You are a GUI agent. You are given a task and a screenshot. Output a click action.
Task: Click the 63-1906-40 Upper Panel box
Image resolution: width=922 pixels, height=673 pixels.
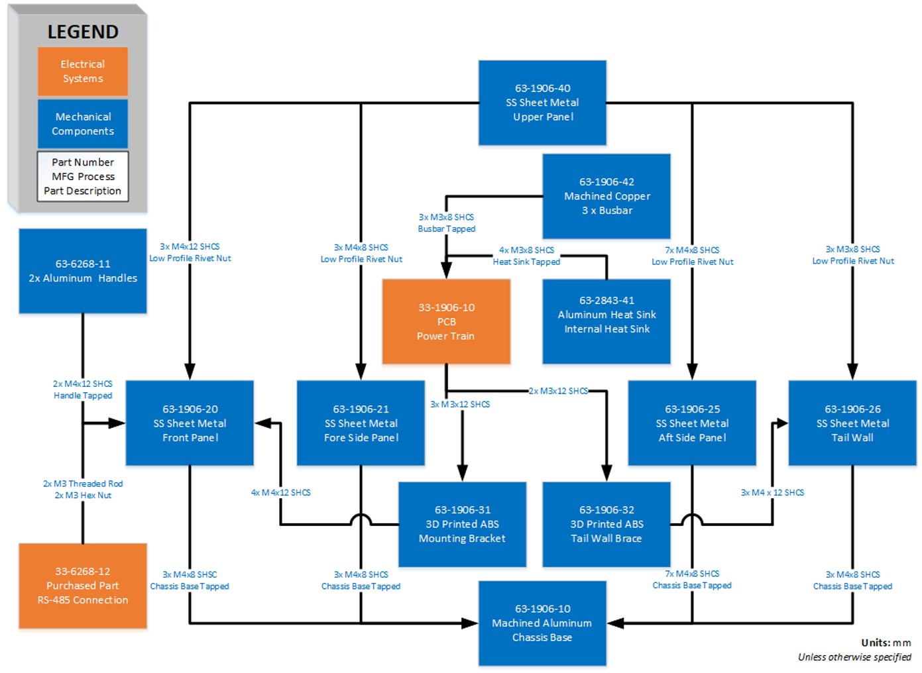click(x=542, y=103)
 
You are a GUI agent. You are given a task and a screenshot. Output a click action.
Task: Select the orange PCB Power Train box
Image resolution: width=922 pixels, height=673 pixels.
click(x=446, y=321)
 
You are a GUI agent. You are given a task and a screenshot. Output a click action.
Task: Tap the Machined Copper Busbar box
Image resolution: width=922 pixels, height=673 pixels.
click(x=606, y=196)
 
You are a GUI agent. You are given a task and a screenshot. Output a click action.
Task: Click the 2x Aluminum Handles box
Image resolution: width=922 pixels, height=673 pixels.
click(x=83, y=271)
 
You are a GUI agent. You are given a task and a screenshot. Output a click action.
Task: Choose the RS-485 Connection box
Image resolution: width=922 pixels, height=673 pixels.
click(x=83, y=586)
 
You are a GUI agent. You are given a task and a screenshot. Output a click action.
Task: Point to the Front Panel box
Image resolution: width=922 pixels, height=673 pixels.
click(x=190, y=423)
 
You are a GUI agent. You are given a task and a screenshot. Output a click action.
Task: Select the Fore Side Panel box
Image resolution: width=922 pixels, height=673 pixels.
click(x=361, y=423)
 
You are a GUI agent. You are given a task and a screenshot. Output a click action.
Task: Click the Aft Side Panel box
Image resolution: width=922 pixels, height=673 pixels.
click(x=692, y=423)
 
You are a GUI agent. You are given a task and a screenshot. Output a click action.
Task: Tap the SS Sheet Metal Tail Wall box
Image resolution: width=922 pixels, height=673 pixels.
click(x=852, y=423)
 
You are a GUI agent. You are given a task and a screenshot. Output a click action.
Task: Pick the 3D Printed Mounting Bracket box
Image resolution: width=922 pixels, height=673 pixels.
click(x=462, y=524)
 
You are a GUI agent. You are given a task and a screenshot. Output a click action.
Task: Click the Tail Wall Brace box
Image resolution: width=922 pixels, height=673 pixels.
click(x=606, y=524)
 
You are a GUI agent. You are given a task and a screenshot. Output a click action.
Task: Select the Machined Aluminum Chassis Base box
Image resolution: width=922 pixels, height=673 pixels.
click(x=542, y=623)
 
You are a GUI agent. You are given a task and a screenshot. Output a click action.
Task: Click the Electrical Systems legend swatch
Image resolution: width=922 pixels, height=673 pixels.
click(x=83, y=72)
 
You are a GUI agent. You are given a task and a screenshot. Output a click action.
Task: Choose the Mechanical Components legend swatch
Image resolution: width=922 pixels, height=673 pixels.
click(x=83, y=124)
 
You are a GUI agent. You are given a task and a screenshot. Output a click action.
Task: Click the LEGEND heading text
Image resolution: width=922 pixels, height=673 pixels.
click(x=83, y=32)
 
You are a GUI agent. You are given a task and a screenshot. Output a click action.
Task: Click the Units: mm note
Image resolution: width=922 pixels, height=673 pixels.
click(x=886, y=643)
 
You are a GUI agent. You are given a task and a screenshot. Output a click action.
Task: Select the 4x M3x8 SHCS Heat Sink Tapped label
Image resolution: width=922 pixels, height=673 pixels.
click(x=526, y=256)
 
